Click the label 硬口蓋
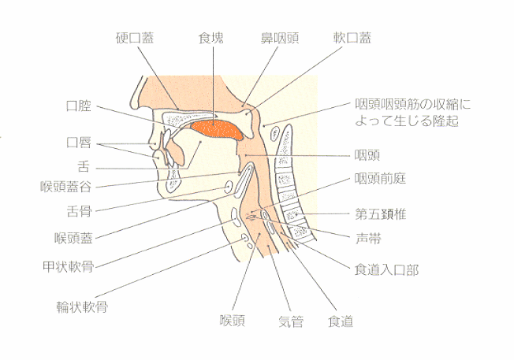pyautogui.click(x=135, y=38)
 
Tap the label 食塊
pyautogui.click(x=211, y=38)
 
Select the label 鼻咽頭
pyautogui.click(x=280, y=38)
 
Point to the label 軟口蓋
pyautogui.click(x=352, y=38)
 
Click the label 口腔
pyautogui.click(x=79, y=106)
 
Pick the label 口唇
pyautogui.click(x=79, y=143)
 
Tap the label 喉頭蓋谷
pyautogui.click(x=65, y=187)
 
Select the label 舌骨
pyautogui.click(x=79, y=211)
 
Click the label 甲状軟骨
pyautogui.click(x=68, y=266)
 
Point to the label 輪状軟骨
pyautogui.click(x=82, y=307)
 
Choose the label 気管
pyautogui.click(x=291, y=321)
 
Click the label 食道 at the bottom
pyautogui.click(x=341, y=321)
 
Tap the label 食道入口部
pyautogui.click(x=386, y=270)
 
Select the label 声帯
pyautogui.click(x=368, y=239)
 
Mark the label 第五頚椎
pyautogui.click(x=381, y=214)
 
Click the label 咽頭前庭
pyautogui.click(x=380, y=179)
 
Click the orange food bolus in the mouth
pyautogui.click(x=217, y=129)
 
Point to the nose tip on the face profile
pyautogui.click(x=132, y=102)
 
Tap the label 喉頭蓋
pyautogui.click(x=74, y=238)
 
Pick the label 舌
pyautogui.click(x=84, y=167)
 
